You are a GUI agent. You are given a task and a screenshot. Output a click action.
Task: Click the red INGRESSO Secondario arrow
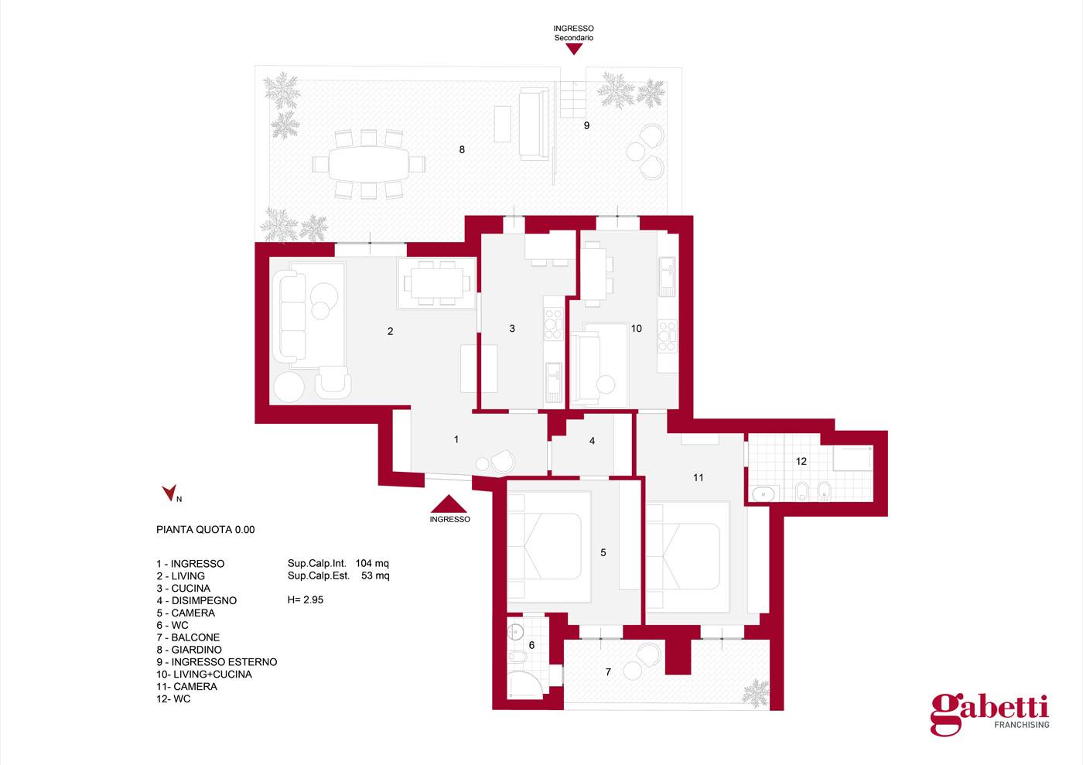click(574, 49)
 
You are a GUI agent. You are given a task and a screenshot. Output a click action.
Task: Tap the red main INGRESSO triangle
click(449, 504)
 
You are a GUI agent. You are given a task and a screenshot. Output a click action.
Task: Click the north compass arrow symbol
click(169, 493)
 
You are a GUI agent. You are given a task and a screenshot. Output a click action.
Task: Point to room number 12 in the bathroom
click(801, 461)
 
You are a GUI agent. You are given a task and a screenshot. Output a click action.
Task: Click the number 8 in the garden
click(462, 150)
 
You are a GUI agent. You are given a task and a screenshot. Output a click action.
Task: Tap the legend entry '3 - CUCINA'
click(183, 589)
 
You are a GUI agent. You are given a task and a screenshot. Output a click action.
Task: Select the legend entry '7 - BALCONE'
click(188, 637)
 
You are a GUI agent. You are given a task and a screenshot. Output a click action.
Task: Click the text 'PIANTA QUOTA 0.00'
click(206, 530)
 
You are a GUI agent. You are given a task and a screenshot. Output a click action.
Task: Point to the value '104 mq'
click(372, 563)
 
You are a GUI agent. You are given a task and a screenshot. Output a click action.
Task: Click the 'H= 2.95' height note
click(306, 600)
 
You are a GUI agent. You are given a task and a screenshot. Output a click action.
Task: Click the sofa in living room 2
click(289, 316)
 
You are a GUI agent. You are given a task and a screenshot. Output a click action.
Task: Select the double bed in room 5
click(548, 547)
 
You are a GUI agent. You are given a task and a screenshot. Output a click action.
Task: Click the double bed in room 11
click(688, 556)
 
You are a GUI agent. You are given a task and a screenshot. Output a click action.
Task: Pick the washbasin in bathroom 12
click(764, 494)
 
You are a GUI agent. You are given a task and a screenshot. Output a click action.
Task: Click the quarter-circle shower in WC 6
click(525, 685)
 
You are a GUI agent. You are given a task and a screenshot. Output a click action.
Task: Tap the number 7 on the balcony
click(608, 671)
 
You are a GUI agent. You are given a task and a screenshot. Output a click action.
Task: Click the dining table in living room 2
click(436, 283)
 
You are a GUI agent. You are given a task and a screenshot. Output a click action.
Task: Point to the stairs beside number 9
click(573, 100)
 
